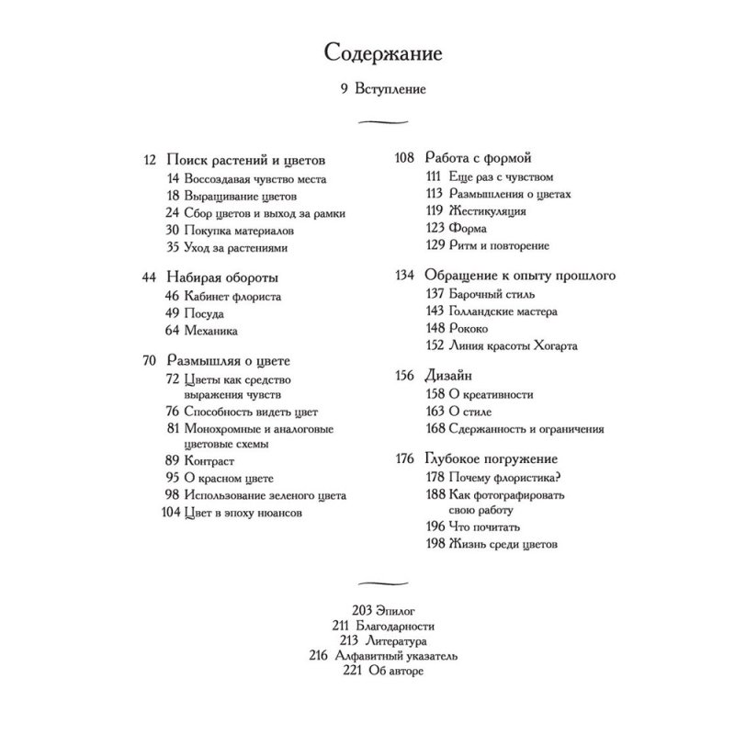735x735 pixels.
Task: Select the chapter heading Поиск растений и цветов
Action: click(247, 160)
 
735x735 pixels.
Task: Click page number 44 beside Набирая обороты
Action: click(152, 277)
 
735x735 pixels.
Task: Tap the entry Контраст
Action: click(209, 460)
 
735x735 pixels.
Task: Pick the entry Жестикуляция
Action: click(489, 211)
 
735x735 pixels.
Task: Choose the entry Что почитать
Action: click(485, 527)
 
